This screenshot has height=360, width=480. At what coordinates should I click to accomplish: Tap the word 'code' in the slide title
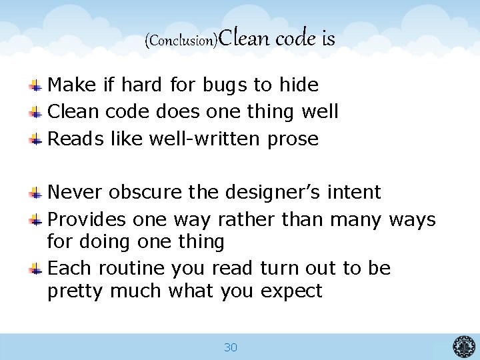pyautogui.click(x=296, y=39)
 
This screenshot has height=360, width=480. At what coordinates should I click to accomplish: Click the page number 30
pyautogui.click(x=231, y=347)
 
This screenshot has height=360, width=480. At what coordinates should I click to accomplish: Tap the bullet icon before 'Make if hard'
pyautogui.click(x=37, y=85)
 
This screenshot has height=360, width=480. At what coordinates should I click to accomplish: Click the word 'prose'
pyautogui.click(x=293, y=139)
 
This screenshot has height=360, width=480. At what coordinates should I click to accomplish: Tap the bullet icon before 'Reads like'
pyautogui.click(x=37, y=139)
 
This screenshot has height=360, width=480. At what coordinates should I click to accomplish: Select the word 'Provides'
pyautogui.click(x=87, y=219)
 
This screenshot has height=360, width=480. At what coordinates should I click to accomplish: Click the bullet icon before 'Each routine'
pyautogui.click(x=37, y=269)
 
